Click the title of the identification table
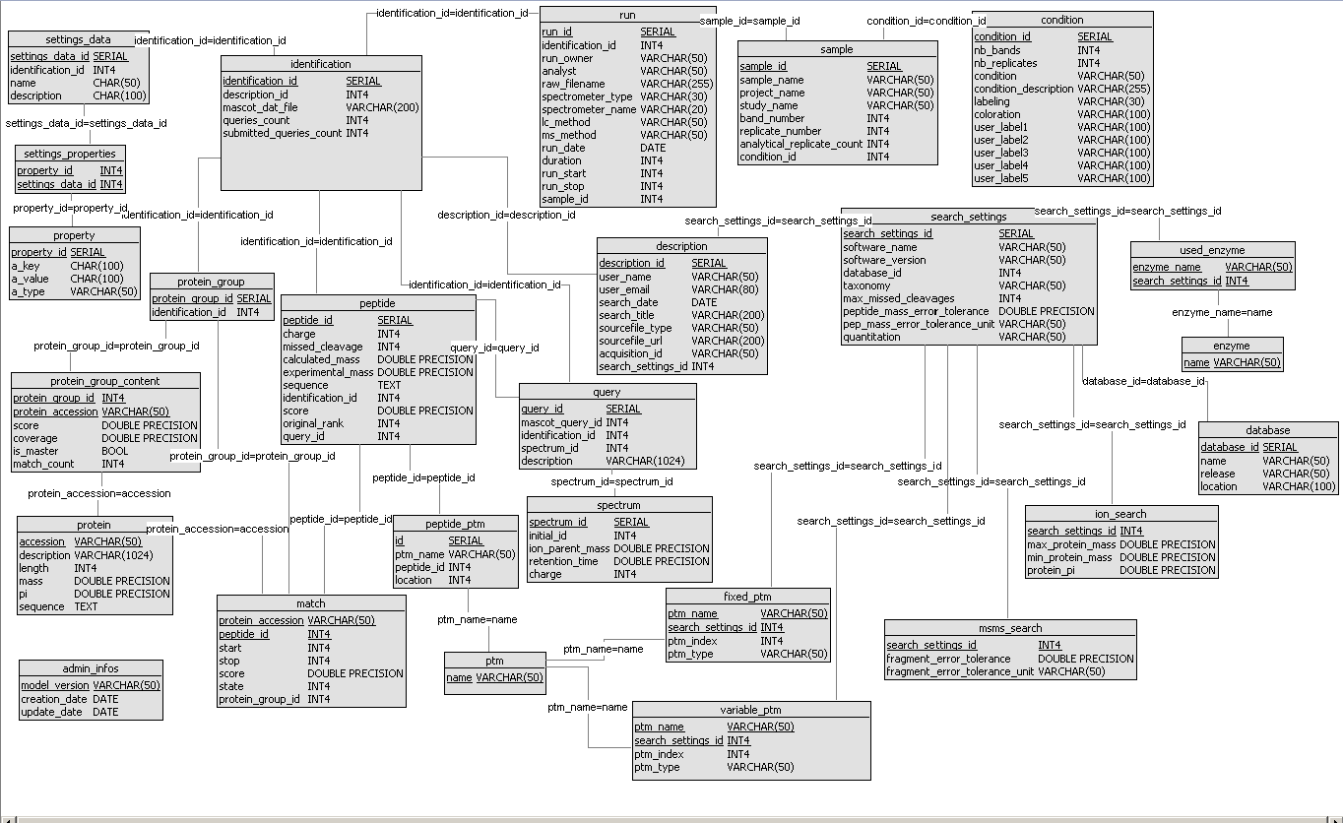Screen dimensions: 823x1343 pyautogui.click(x=321, y=64)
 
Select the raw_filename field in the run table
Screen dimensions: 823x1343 pyautogui.click(x=573, y=84)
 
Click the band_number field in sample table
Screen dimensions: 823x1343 pyautogui.click(x=772, y=118)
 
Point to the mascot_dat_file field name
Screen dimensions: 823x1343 pyautogui.click(x=260, y=107)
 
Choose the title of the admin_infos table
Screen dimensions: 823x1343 pyautogui.click(x=90, y=668)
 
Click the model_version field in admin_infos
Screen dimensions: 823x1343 pyautogui.click(x=55, y=685)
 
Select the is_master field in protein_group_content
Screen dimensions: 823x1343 pyautogui.click(x=35, y=451)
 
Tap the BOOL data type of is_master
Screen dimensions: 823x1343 pyautogui.click(x=114, y=451)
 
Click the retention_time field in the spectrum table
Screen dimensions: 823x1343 pyautogui.click(x=563, y=561)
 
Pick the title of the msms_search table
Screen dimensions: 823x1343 pyautogui.click(x=1010, y=628)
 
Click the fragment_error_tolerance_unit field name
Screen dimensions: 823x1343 pyautogui.click(x=960, y=671)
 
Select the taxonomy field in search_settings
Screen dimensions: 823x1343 pyautogui.click(x=866, y=285)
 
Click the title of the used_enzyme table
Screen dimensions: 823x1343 pyautogui.click(x=1211, y=251)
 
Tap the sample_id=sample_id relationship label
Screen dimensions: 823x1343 pyautogui.click(x=749, y=21)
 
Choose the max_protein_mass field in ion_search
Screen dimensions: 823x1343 pyautogui.click(x=1071, y=544)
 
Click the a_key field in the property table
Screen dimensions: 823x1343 pyautogui.click(x=26, y=266)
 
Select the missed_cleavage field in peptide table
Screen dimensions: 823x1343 pyautogui.click(x=322, y=347)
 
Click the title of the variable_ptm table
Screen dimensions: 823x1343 pyautogui.click(x=750, y=710)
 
